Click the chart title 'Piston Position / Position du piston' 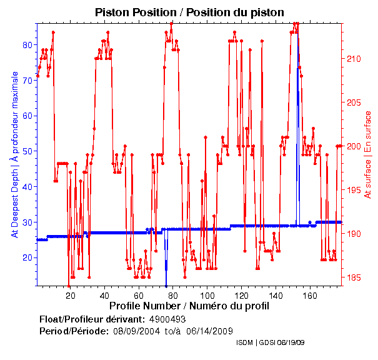click(x=189, y=12)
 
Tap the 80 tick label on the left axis click(x=28, y=45)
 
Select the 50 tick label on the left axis click(x=28, y=151)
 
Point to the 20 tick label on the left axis click(x=28, y=257)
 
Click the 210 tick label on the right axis click(x=354, y=59)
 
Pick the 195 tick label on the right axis click(x=354, y=190)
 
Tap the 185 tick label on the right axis click(x=354, y=277)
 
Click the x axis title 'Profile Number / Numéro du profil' click(x=189, y=306)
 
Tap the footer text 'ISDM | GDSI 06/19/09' click(x=271, y=343)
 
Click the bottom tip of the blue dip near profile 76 click(x=166, y=285)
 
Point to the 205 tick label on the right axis click(x=354, y=102)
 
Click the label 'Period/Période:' click(x=74, y=331)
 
